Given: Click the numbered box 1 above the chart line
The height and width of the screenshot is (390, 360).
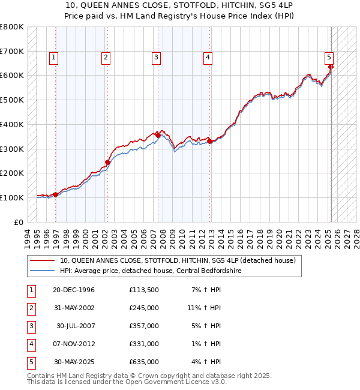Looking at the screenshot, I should point(53,58).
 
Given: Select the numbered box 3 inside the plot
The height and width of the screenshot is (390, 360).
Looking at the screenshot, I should point(156,58).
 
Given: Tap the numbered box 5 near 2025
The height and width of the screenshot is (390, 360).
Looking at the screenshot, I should point(329,58).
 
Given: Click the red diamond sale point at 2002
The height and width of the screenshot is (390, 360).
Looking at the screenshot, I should point(108,162).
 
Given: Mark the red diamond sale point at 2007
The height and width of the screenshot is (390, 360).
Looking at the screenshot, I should point(158,135).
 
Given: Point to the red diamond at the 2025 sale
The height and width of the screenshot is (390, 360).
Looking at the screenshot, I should point(331,67).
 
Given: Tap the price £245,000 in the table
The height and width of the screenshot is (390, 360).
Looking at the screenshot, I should point(144,308).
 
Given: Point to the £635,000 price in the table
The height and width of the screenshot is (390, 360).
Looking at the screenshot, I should point(144,362).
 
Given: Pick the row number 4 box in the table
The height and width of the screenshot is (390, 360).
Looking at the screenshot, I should point(31,344).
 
